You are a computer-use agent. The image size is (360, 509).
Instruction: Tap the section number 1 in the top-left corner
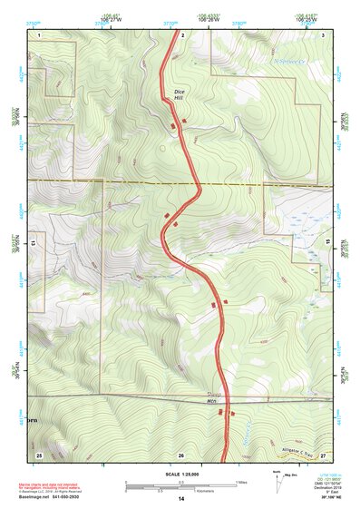pos(40,34)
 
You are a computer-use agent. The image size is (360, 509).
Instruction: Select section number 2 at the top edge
pos(183,34)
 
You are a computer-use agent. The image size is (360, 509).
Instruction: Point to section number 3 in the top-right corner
pos(323,34)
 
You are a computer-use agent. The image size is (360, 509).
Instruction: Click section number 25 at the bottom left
pos(39,454)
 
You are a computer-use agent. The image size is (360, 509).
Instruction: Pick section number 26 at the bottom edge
pos(181,454)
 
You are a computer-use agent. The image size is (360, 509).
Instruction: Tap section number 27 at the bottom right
pos(323,454)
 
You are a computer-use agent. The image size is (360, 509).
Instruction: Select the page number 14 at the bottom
pos(181,499)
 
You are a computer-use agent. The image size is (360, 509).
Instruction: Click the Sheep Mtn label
pos(214,397)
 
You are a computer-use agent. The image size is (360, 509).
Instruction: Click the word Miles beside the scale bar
pos(241,481)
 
